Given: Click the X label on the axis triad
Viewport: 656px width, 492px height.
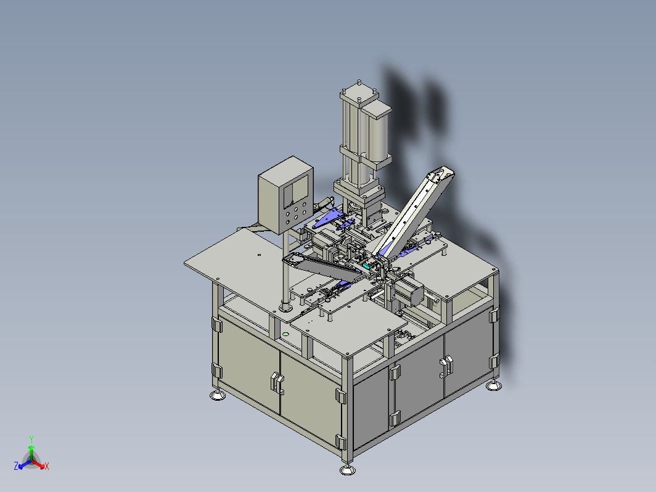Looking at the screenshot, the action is pos(46,466).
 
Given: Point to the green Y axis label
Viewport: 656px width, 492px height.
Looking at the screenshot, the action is pos(31,439).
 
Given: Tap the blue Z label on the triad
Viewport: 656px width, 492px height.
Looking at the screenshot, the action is pos(16,465).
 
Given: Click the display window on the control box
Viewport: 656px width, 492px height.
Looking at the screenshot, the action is pos(296,192).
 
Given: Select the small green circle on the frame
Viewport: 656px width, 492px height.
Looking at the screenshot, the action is pos(285,334).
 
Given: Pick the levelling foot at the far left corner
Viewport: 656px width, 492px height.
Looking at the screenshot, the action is pos(217,395).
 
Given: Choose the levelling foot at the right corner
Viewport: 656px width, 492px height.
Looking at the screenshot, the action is pos(494,385).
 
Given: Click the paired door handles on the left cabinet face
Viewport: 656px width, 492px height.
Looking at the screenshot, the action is pos(277,382).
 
